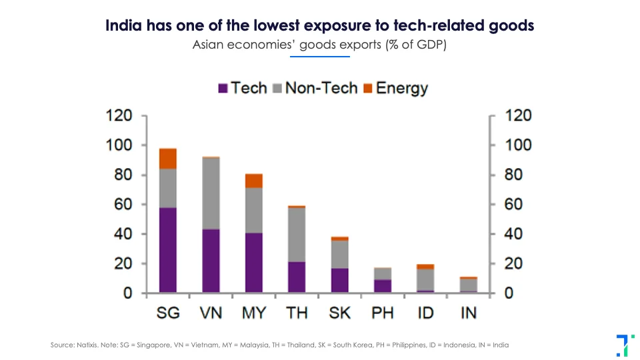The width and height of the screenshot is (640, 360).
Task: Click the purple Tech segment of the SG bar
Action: [167, 250]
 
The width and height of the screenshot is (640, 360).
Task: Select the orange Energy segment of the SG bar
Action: [167, 159]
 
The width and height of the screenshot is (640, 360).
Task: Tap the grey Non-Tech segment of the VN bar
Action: [211, 193]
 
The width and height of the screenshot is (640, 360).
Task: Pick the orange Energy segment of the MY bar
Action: [253, 181]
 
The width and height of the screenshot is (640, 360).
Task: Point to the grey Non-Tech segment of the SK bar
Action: [339, 254]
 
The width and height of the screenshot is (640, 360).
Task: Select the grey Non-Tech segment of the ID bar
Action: [425, 279]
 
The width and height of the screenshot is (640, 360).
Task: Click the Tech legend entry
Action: [243, 88]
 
